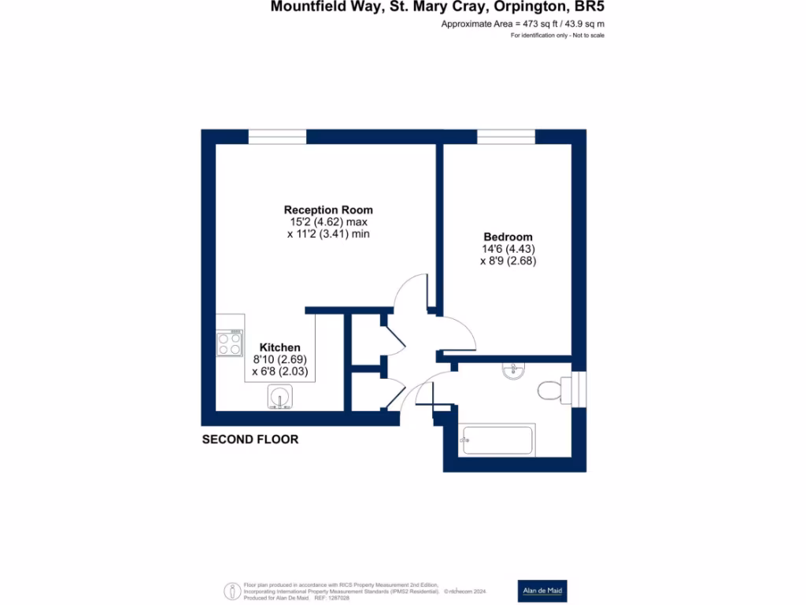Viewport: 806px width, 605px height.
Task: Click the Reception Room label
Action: (328, 210)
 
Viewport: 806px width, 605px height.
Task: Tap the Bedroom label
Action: (508, 236)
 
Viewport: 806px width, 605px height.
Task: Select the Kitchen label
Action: (280, 347)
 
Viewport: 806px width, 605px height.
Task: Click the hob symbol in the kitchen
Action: (230, 343)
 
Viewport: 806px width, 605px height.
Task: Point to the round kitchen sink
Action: (280, 396)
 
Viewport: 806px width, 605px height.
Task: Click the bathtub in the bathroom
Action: (497, 440)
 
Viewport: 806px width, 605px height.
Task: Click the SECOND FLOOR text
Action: (250, 440)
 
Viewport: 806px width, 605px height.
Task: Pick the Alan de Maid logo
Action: (542, 591)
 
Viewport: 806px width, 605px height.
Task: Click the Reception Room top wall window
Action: (277, 137)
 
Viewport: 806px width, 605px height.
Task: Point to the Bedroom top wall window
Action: (505, 137)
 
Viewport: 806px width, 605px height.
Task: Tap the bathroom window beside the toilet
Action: (579, 388)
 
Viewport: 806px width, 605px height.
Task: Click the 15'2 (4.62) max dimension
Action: (328, 222)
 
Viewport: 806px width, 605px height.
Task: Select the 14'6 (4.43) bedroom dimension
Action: (508, 250)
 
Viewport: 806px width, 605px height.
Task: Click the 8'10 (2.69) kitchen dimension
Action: (280, 359)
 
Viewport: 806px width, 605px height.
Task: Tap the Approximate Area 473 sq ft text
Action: (523, 24)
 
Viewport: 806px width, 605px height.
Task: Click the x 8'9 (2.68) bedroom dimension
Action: (508, 262)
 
